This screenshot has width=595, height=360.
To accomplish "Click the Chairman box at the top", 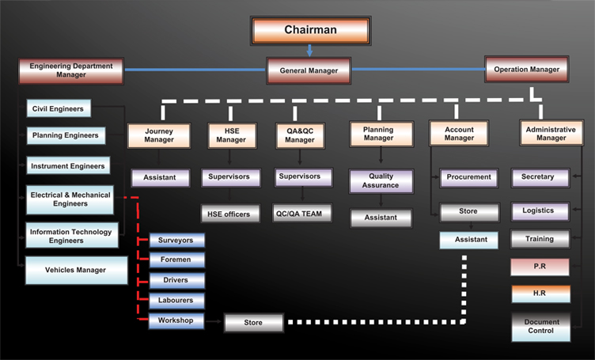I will click(x=310, y=30).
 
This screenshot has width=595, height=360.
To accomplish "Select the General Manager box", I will click(x=309, y=70).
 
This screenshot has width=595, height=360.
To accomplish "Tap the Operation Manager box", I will click(x=526, y=70).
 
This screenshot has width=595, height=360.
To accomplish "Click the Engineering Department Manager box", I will click(x=71, y=70).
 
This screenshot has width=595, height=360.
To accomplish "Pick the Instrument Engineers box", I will click(x=66, y=166).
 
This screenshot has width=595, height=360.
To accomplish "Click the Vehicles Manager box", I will click(x=76, y=270).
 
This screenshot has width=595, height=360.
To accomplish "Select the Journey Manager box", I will click(x=159, y=135).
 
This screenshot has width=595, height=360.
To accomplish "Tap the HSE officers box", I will click(x=229, y=214).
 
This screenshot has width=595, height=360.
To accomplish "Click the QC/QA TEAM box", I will click(x=304, y=214).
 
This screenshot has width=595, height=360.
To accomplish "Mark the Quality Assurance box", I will click(x=381, y=181).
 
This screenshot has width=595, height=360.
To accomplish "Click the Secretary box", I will click(x=539, y=177).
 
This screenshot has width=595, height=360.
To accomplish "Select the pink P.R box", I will click(x=540, y=267).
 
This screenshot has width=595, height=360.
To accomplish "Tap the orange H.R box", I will click(x=540, y=294).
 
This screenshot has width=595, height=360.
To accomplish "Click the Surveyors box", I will click(x=176, y=240).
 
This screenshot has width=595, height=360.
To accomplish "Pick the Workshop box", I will click(x=176, y=321).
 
